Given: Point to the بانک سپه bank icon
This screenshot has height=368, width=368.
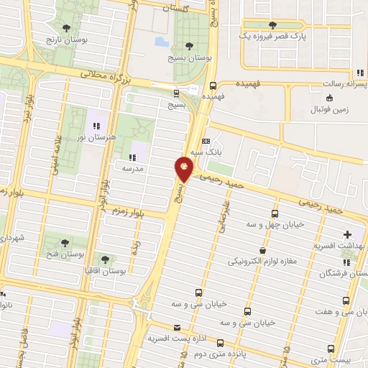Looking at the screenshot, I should (x=206, y=141).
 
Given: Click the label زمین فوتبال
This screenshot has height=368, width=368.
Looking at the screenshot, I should (x=328, y=109).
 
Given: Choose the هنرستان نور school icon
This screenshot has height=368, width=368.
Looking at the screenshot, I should (x=97, y=127).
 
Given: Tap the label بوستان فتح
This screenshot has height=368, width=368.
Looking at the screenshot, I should (x=65, y=254).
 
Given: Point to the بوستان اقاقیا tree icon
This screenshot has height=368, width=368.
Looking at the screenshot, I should (x=106, y=259).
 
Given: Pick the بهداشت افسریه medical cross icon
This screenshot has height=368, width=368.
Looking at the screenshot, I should (x=348, y=234).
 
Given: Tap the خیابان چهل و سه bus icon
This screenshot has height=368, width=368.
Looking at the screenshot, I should (x=275, y=213).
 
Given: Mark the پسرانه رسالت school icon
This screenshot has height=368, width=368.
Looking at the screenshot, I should (x=359, y=73).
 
